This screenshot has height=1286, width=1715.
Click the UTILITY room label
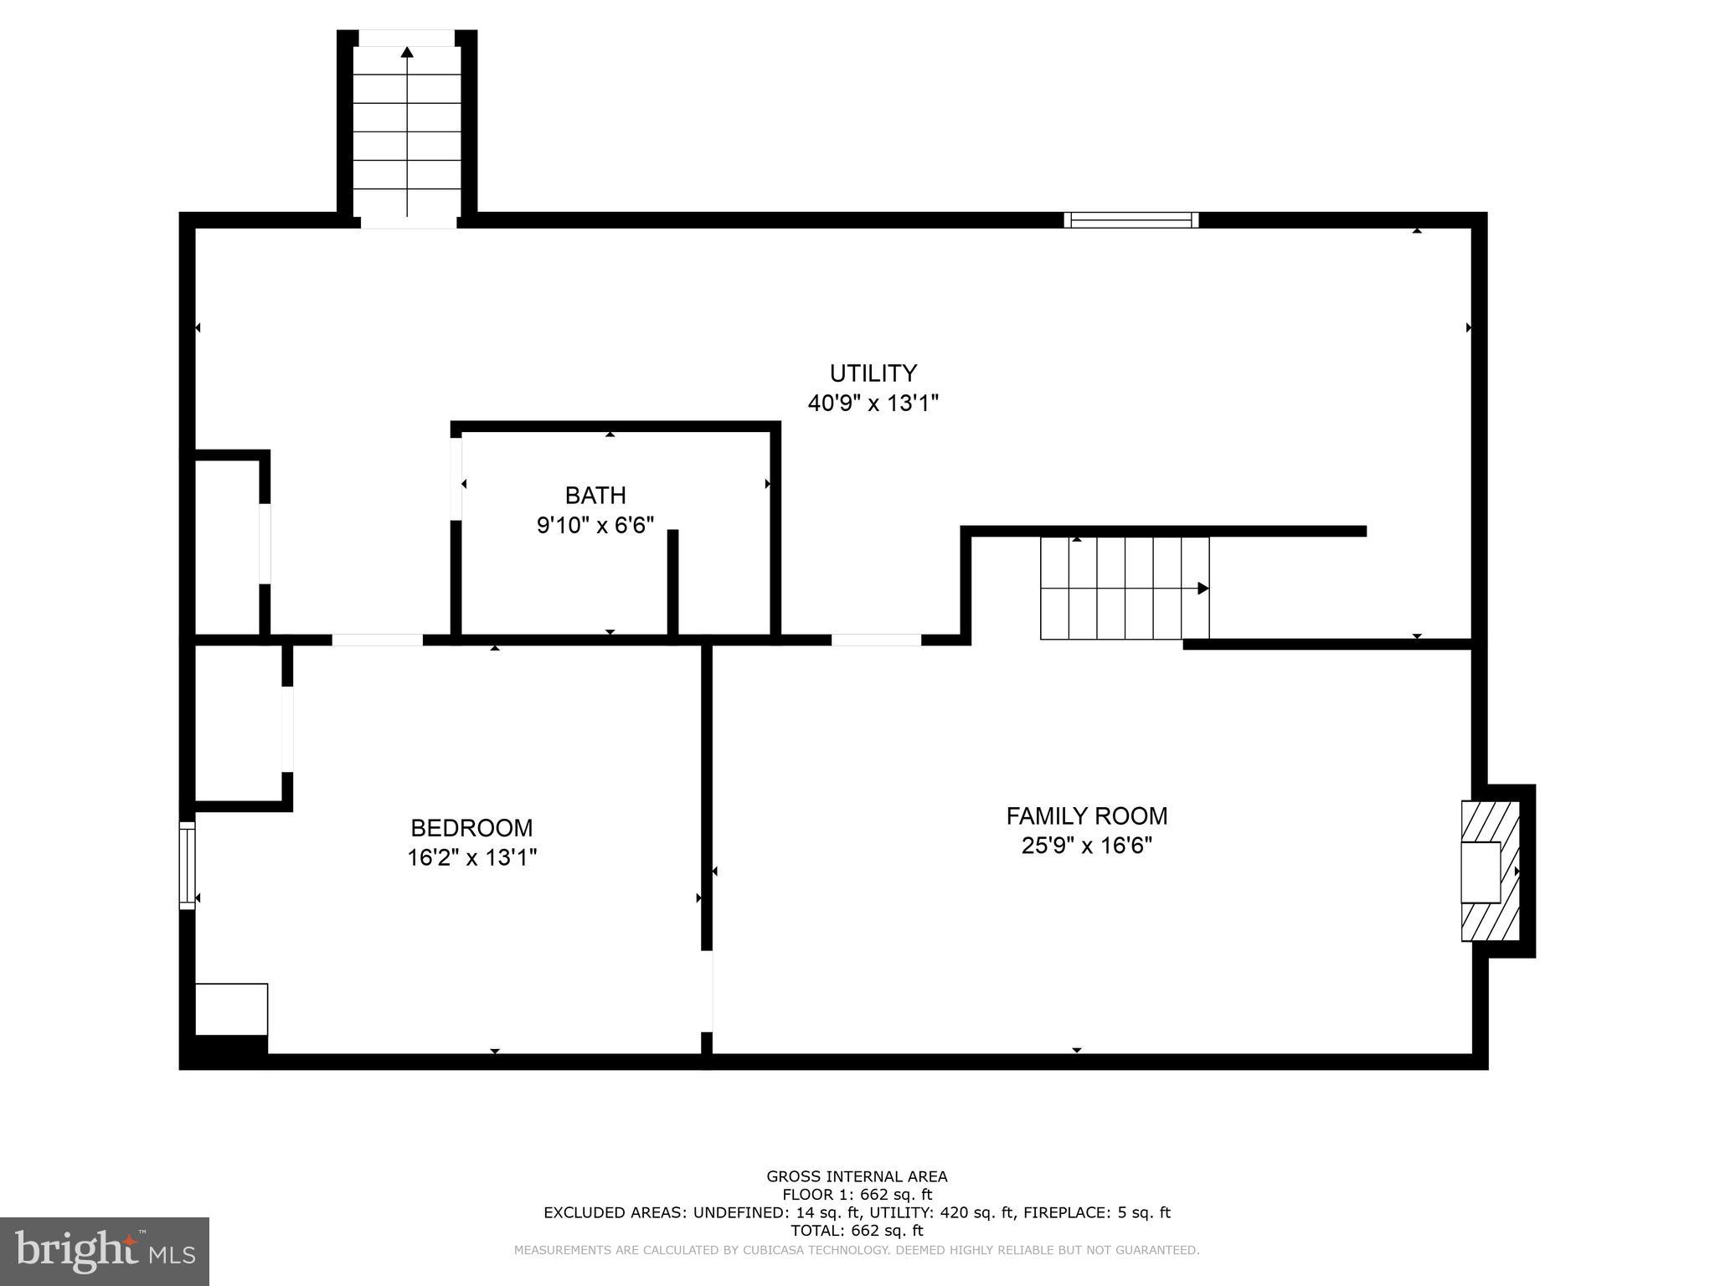pyautogui.click(x=873, y=373)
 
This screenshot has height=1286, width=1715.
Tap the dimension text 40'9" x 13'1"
pyautogui.click(x=873, y=404)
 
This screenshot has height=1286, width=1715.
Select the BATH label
pyautogui.click(x=595, y=496)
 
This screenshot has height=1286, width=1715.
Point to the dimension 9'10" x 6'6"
pyautogui.click(x=595, y=526)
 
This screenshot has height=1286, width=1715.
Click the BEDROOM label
pyautogui.click(x=471, y=828)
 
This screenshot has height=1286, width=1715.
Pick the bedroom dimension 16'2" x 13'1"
pyautogui.click(x=471, y=858)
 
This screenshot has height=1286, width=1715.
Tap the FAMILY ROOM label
pyautogui.click(x=1086, y=815)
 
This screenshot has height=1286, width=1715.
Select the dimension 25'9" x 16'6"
pyautogui.click(x=1086, y=846)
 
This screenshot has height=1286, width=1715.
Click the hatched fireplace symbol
pyautogui.click(x=1491, y=871)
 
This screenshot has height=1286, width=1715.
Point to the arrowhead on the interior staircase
pyautogui.click(x=1203, y=589)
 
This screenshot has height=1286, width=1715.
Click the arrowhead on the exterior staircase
pyautogui.click(x=407, y=52)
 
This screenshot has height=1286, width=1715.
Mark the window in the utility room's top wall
pyautogui.click(x=1130, y=220)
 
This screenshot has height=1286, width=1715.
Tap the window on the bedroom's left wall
pyautogui.click(x=187, y=865)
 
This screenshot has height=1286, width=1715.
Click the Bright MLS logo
pyautogui.click(x=105, y=1251)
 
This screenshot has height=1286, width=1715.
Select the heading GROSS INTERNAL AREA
pyautogui.click(x=857, y=1176)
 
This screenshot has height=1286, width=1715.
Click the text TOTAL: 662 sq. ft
pyautogui.click(x=857, y=1231)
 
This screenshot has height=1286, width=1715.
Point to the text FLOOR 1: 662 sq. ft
pyautogui.click(x=857, y=1195)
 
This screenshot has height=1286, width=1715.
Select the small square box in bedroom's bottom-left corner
pyautogui.click(x=231, y=1009)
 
